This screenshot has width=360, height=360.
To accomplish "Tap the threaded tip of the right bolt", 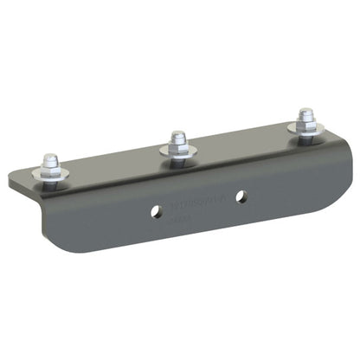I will point(305,113).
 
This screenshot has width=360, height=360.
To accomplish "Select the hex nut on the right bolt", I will point(305,122).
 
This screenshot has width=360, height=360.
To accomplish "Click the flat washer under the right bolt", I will point(305,131).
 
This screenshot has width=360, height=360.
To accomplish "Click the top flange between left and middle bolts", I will point(112,169).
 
